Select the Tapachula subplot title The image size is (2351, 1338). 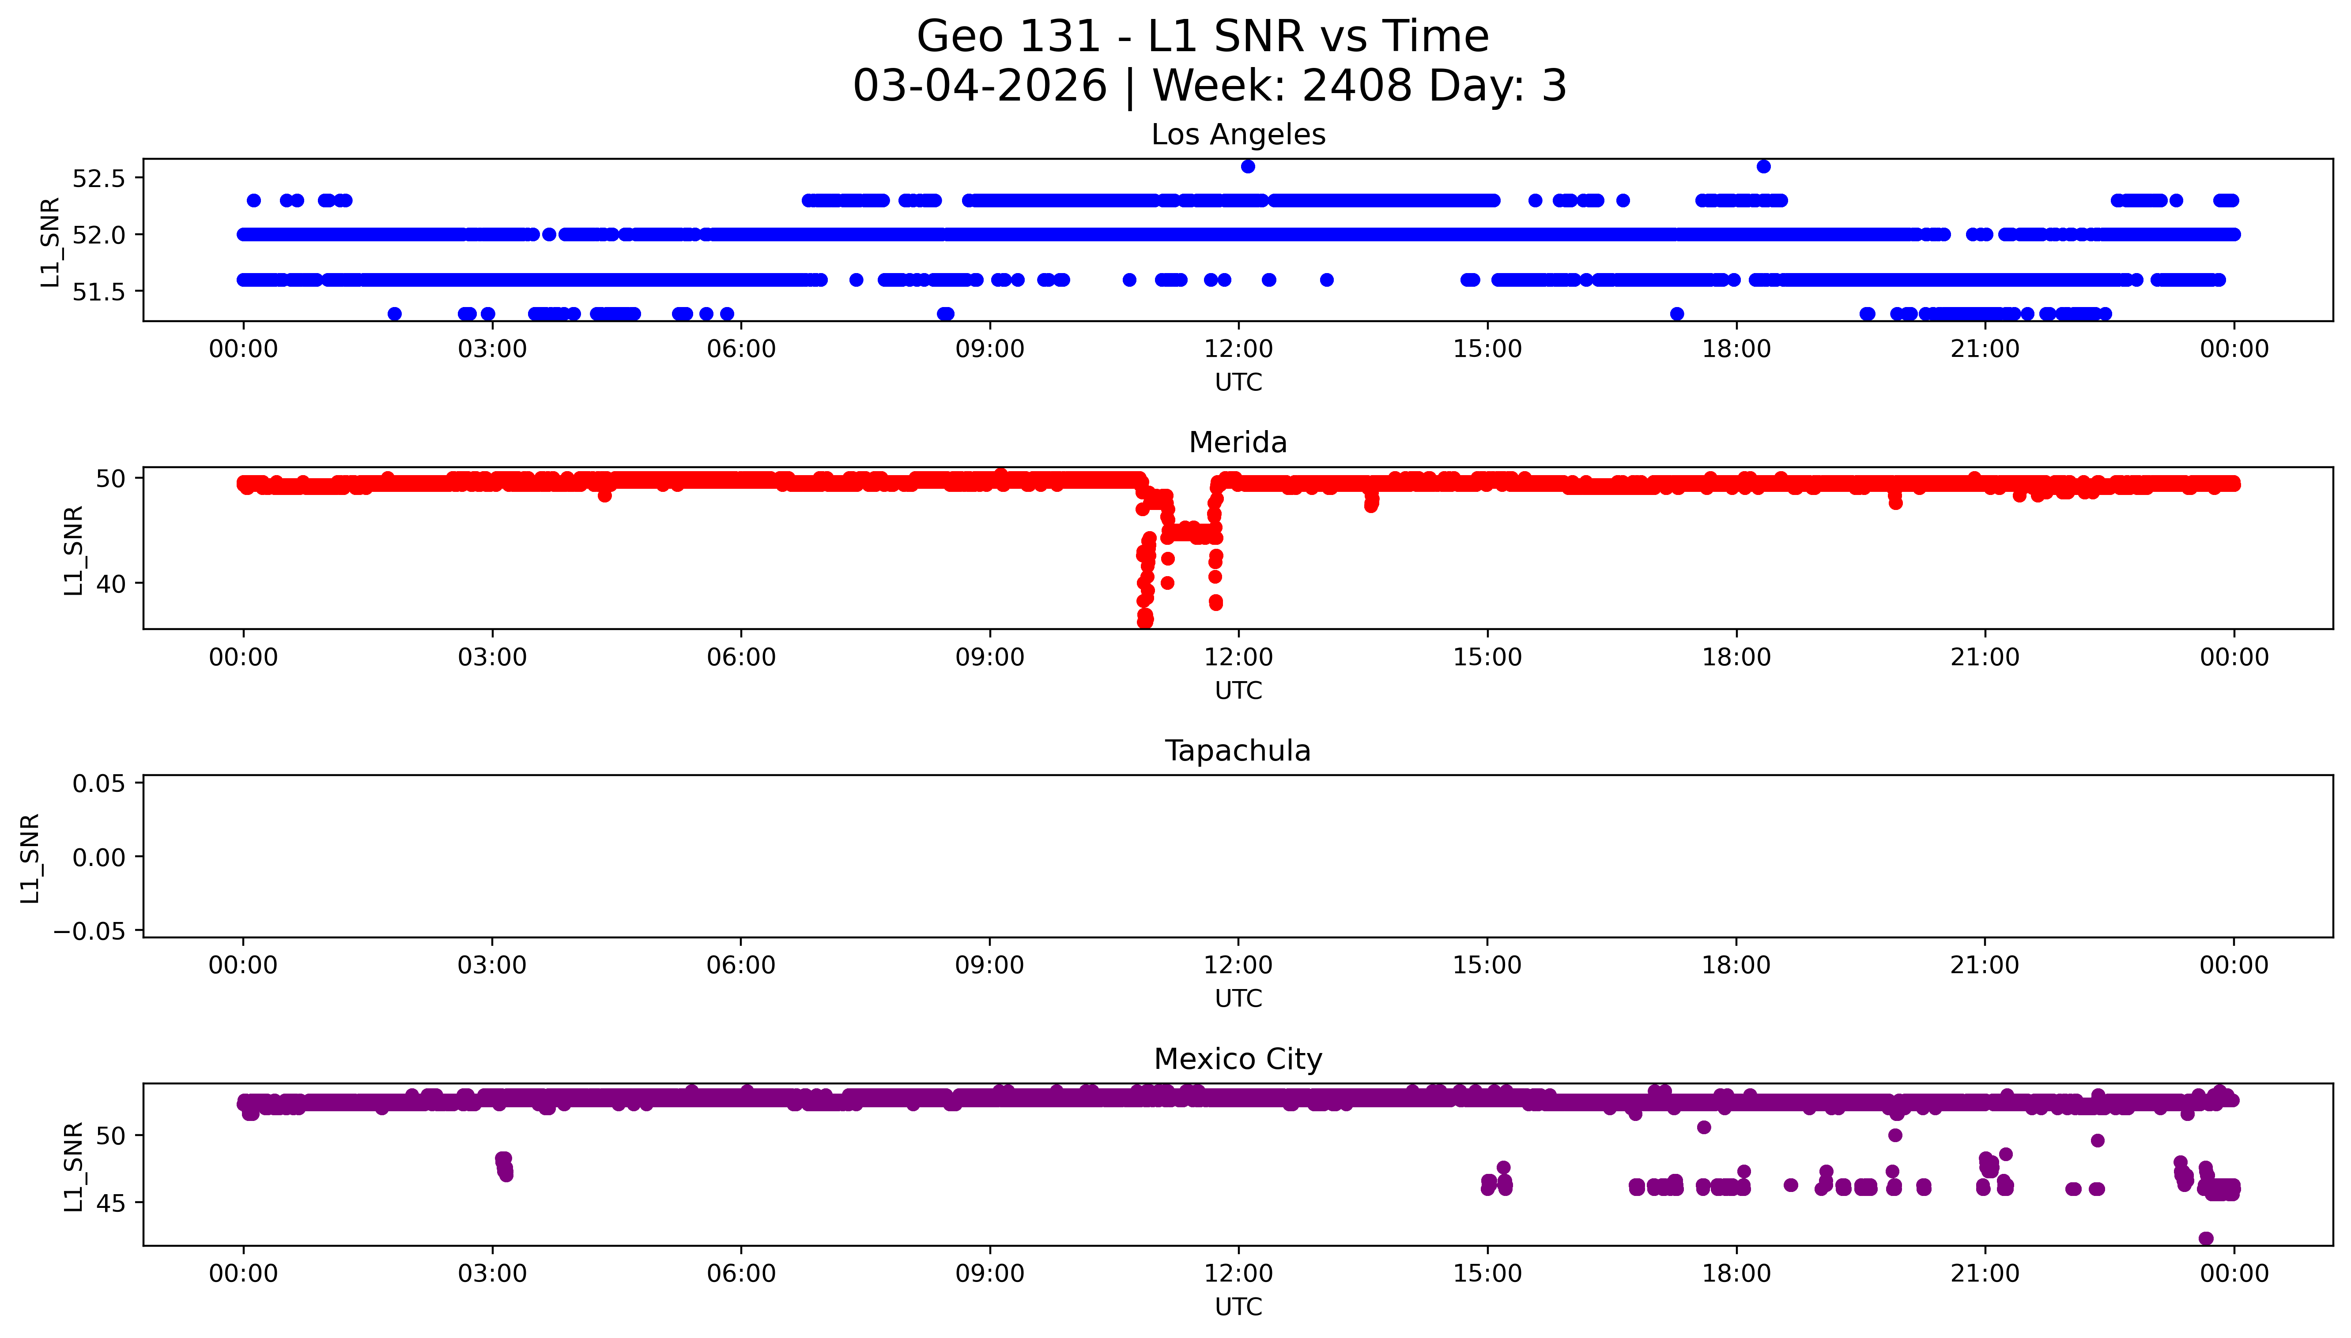click(1238, 751)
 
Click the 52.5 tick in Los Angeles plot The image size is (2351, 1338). click(98, 178)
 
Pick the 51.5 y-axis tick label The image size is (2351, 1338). click(98, 291)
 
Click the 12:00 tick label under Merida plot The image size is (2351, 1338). click(1238, 657)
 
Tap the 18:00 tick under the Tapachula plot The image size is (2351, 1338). click(1736, 965)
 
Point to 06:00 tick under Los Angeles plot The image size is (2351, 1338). click(741, 349)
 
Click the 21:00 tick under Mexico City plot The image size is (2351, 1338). click(1985, 1274)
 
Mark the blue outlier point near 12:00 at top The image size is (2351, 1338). click(1248, 166)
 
